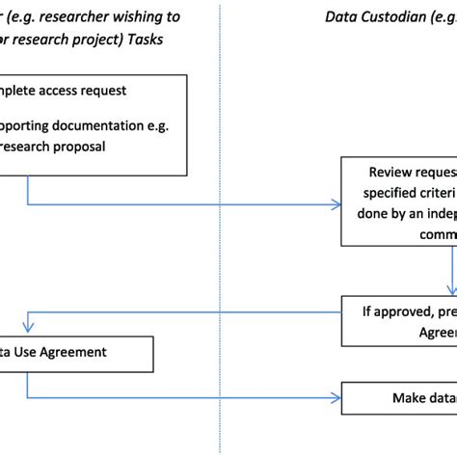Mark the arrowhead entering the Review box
[336, 204]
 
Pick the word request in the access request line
[128, 92]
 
